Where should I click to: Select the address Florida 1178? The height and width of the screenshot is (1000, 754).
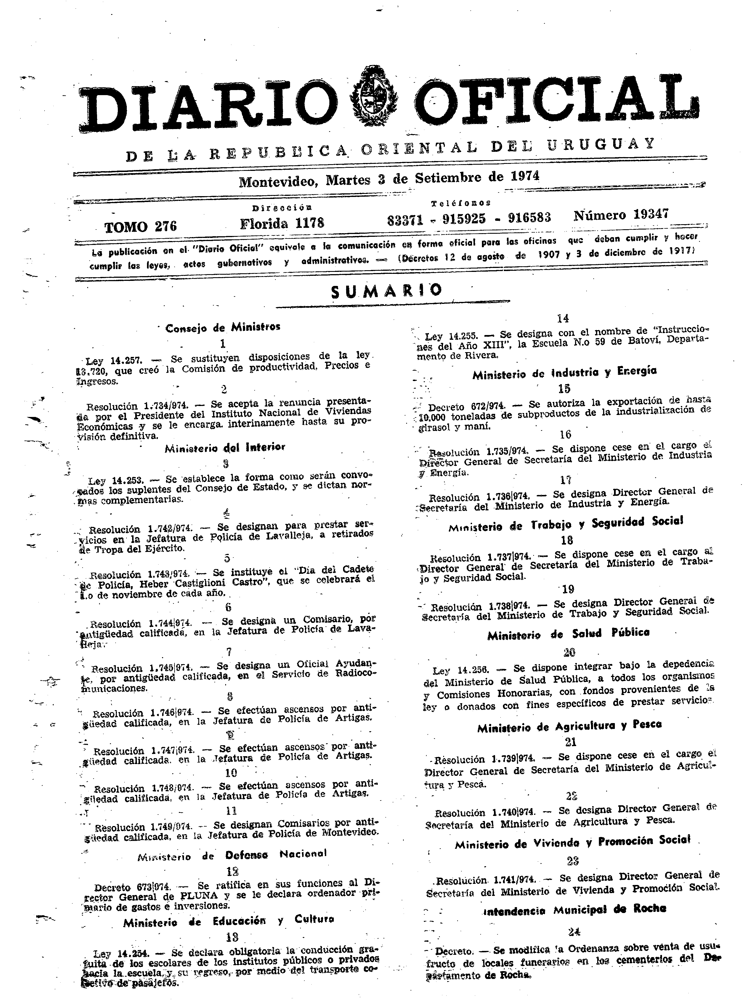tap(282, 223)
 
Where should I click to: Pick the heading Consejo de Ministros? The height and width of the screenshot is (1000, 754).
tap(223, 327)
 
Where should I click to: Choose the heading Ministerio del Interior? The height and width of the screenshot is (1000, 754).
tap(225, 448)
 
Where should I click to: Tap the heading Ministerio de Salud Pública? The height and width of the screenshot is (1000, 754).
tap(568, 634)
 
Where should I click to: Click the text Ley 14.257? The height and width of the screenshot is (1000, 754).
tap(114, 361)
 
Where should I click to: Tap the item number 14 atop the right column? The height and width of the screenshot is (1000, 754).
tap(563, 318)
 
